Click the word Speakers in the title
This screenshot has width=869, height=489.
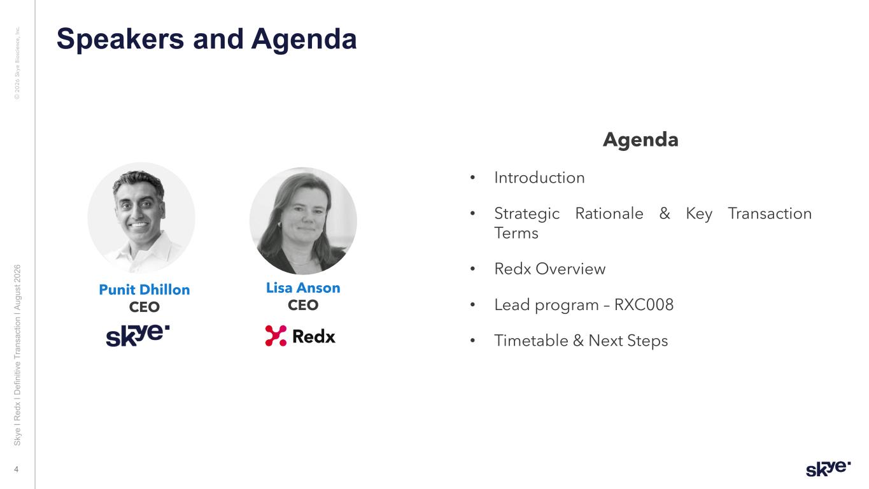[x=120, y=39]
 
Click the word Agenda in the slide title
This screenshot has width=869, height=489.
[x=304, y=39]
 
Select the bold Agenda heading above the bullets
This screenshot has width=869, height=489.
[x=640, y=140]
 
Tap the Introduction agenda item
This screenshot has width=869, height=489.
[x=539, y=178]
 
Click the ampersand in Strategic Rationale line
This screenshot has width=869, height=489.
[x=665, y=213]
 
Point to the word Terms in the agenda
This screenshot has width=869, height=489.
[x=516, y=233]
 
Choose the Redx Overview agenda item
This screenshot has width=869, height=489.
[x=549, y=269]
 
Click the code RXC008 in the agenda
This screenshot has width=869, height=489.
[x=644, y=304]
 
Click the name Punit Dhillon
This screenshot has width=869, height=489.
[x=145, y=290]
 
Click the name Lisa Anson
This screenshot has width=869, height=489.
[x=303, y=288]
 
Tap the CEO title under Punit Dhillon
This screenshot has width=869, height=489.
[x=145, y=307]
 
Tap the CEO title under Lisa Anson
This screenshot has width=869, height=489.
[x=303, y=305]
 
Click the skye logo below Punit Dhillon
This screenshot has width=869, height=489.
[x=138, y=336]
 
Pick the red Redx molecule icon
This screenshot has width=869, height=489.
[x=276, y=336]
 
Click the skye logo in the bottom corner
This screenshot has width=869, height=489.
[x=828, y=469]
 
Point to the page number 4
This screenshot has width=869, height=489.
[x=17, y=470]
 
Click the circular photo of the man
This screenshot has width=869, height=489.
[x=141, y=217]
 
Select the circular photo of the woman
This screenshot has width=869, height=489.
[x=303, y=221]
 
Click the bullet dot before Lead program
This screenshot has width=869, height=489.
[x=472, y=304]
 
